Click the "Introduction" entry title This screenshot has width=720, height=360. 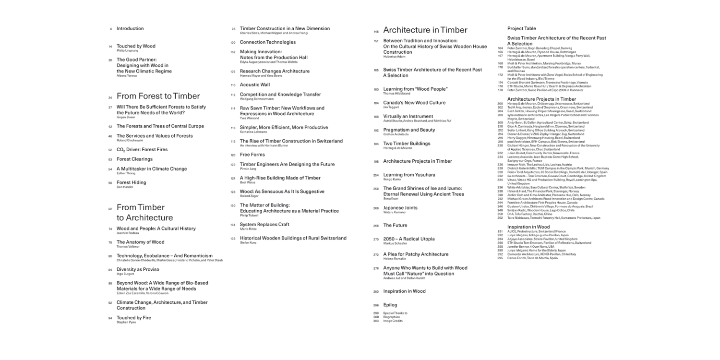coord(130,29)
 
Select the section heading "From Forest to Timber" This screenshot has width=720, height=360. coord(158,96)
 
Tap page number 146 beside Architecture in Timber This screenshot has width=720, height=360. coord(376,32)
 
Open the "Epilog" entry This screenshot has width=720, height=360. coord(390,305)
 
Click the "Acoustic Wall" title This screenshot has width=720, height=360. coord(255,85)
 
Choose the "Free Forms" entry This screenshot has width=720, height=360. coord(252,155)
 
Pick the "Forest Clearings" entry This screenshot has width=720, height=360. coord(134,159)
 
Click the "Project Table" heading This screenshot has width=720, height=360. coord(522,29)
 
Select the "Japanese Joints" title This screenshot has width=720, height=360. coord(400,208)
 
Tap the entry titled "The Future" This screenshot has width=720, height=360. coord(395,226)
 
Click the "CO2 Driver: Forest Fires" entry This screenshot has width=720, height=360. coord(142,150)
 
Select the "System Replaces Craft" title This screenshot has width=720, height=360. coord(264,225)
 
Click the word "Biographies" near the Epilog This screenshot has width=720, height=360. coord(392,317)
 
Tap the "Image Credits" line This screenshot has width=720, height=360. coord(393,321)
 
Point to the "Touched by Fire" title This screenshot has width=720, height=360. coord(134,318)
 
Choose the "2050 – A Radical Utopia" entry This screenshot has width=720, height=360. coord(409,239)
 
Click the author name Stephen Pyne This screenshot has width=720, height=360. coord(126,322)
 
